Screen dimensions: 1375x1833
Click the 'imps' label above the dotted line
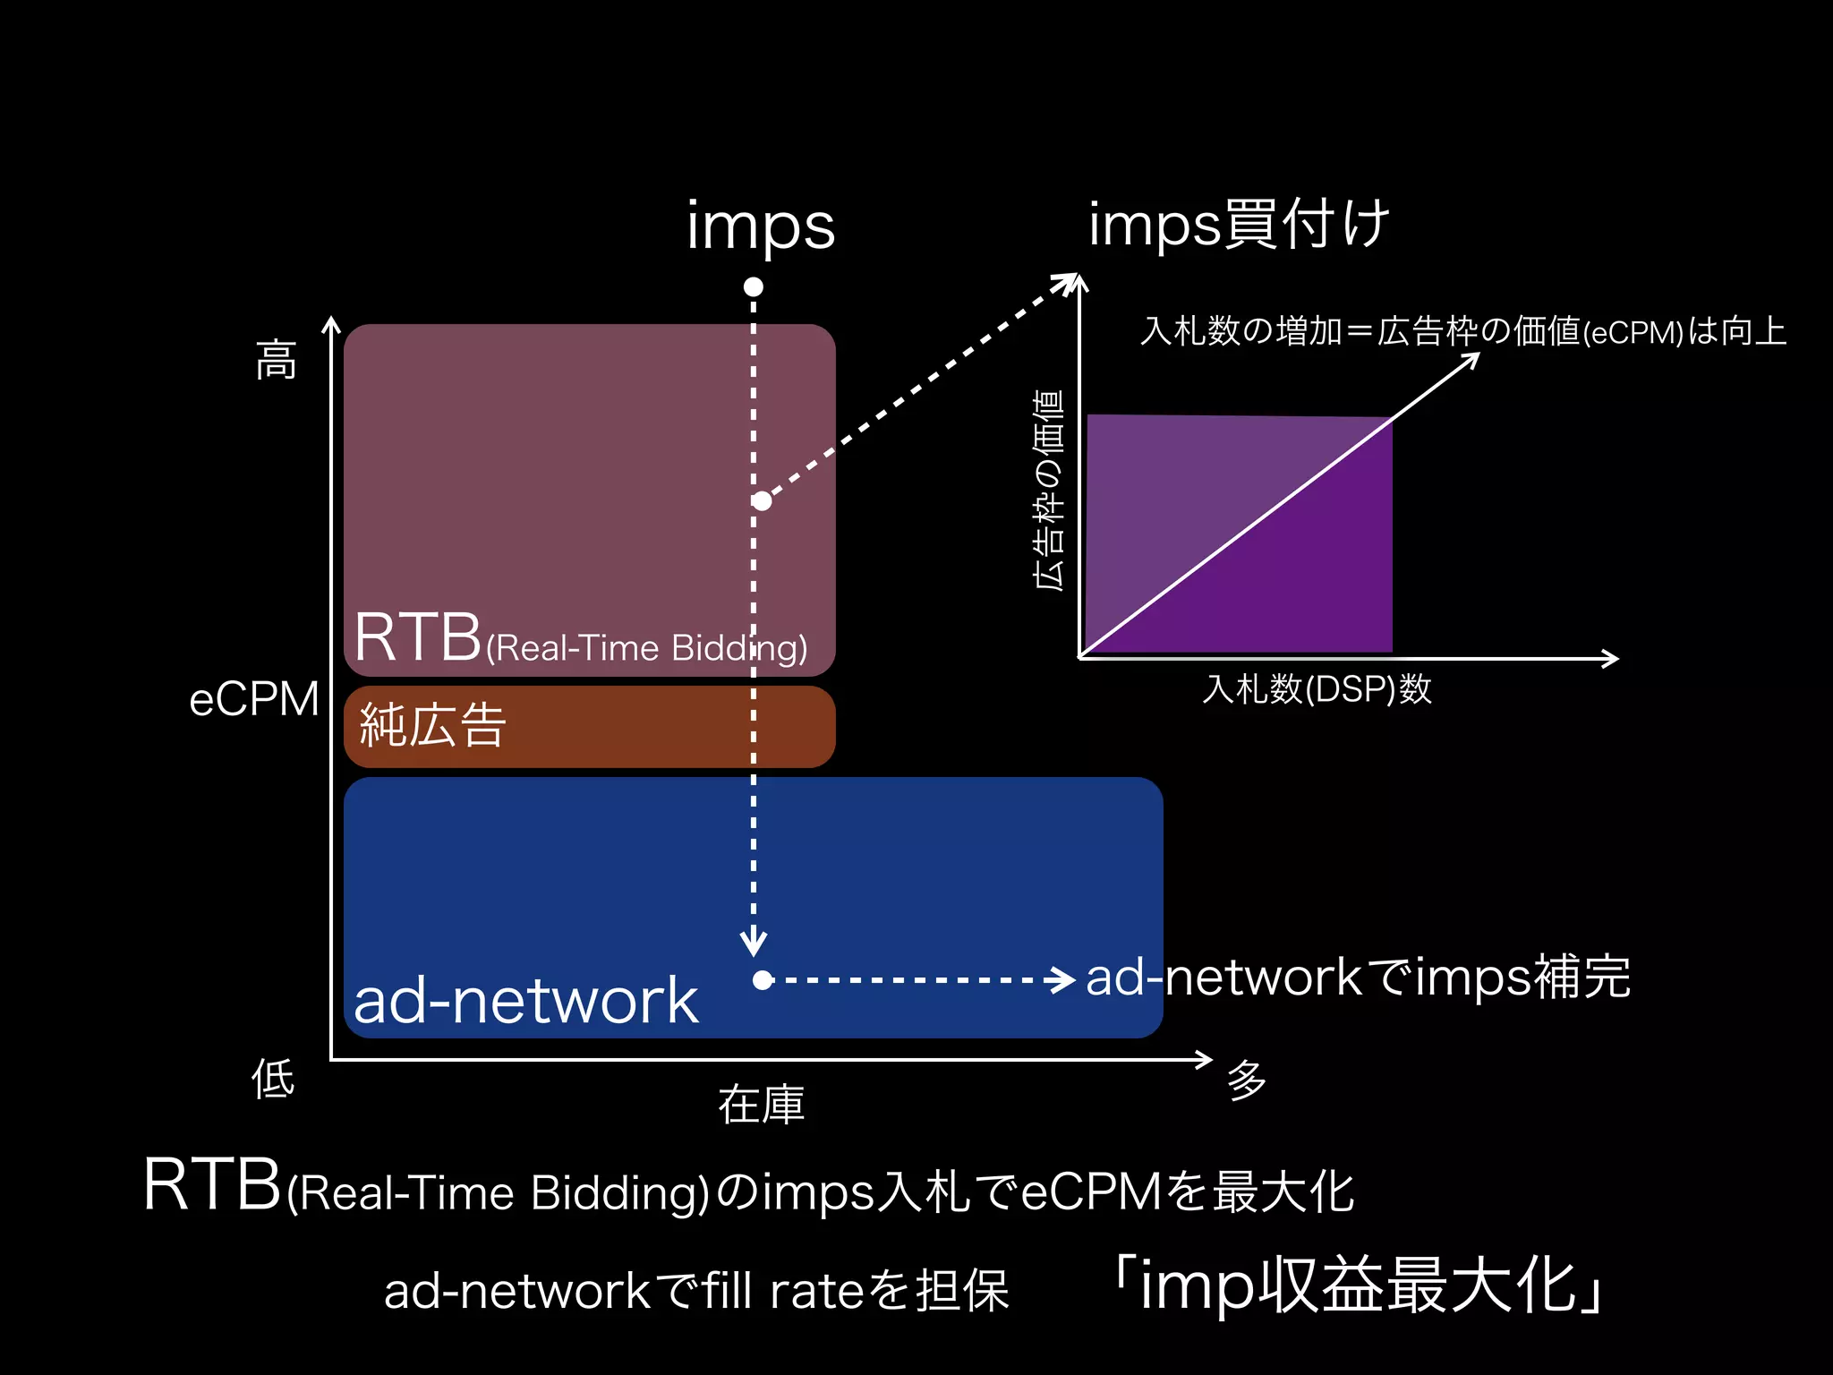pyautogui.click(x=761, y=226)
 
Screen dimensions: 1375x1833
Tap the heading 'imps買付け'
pyautogui.click(x=1239, y=224)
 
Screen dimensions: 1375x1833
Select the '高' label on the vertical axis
pyautogui.click(x=276, y=360)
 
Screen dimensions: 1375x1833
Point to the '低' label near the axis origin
pyautogui.click(x=273, y=1078)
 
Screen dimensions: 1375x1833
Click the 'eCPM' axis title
pyautogui.click(x=254, y=699)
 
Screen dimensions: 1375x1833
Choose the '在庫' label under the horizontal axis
pyautogui.click(x=762, y=1105)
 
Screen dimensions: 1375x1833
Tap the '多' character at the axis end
pyautogui.click(x=1247, y=1080)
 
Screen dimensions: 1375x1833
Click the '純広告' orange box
pyautogui.click(x=589, y=726)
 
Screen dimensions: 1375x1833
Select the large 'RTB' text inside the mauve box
pyautogui.click(x=418, y=637)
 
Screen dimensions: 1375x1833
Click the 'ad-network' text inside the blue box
pyautogui.click(x=525, y=1001)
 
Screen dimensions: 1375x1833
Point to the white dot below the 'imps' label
pyautogui.click(x=754, y=287)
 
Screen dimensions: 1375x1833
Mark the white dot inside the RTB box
pyautogui.click(x=762, y=501)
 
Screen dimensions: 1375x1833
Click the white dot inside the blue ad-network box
pyautogui.click(x=763, y=980)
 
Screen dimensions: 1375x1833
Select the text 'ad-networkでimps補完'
pyautogui.click(x=1358, y=977)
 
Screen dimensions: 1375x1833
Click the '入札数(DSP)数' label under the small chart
pyautogui.click(x=1317, y=689)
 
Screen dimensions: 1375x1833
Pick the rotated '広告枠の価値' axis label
pyautogui.click(x=1049, y=490)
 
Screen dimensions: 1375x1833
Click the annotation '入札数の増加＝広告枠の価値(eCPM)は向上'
pyautogui.click(x=1463, y=332)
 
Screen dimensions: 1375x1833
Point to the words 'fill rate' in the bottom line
pyautogui.click(x=784, y=1291)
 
